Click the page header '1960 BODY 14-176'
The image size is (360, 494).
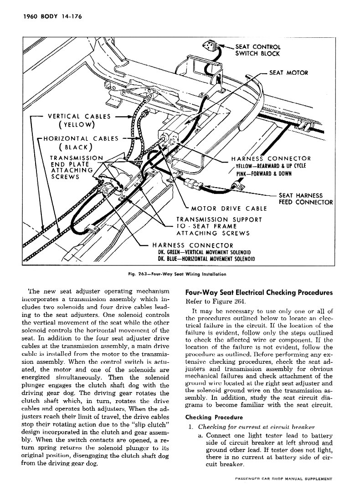coord(51,19)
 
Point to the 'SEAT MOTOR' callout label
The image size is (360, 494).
coord(288,72)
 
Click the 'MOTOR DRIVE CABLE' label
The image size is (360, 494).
coord(229,209)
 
